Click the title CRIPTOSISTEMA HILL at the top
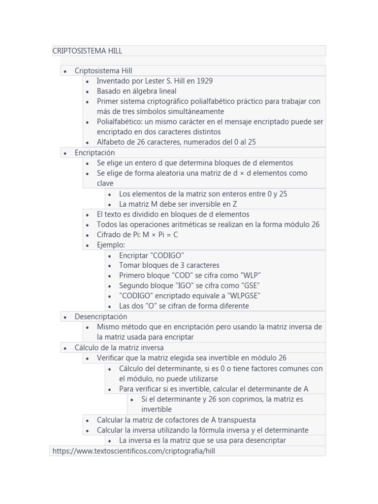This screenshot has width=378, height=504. point(87,51)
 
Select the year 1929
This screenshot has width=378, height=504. point(205,81)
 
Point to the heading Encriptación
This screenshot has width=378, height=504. point(94,153)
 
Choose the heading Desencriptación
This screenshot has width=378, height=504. point(101,316)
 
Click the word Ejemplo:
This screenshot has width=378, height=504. point(111,245)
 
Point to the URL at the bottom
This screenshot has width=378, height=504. point(134,450)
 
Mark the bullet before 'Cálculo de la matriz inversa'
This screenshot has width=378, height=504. point(65,348)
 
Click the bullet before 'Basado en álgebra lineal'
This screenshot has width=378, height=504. point(88,92)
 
